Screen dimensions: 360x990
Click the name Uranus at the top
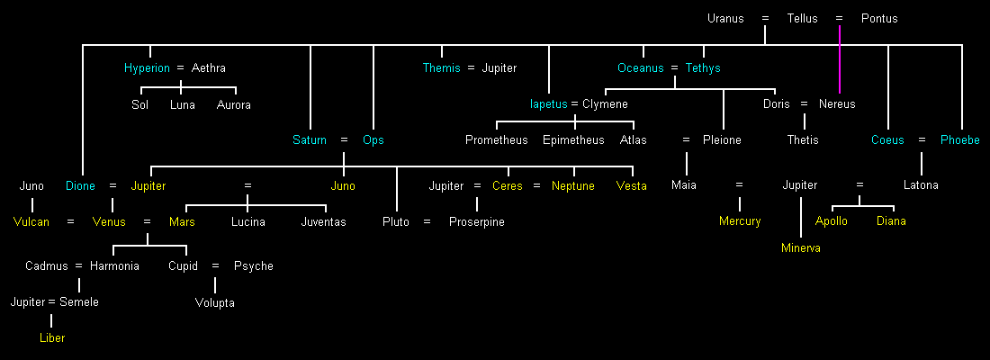(725, 18)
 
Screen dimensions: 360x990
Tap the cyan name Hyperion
(147, 68)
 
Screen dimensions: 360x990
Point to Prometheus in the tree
(497, 140)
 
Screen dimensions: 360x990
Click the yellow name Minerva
(801, 248)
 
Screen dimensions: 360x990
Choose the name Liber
(52, 338)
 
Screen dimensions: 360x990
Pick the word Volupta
(215, 303)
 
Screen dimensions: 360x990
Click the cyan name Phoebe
(960, 140)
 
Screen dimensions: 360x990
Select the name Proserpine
(477, 222)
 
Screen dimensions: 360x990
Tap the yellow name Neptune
(573, 186)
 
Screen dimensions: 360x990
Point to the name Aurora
(234, 105)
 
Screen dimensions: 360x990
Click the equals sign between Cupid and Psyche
(215, 266)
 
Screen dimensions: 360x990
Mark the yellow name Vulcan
(31, 222)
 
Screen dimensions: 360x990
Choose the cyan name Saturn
(310, 140)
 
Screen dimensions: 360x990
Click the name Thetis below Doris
(803, 140)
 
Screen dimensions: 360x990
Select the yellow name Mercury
(740, 221)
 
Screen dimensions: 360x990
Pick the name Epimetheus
(574, 140)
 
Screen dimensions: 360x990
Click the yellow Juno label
(343, 186)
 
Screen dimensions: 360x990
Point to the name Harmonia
(114, 266)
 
